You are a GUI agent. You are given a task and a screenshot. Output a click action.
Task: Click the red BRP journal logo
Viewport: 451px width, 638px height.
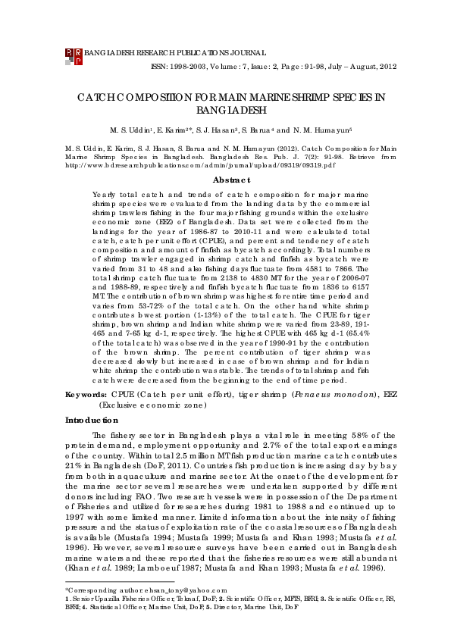[73, 55]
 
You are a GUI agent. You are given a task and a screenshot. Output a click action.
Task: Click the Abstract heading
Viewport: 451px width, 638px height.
[231, 180]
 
